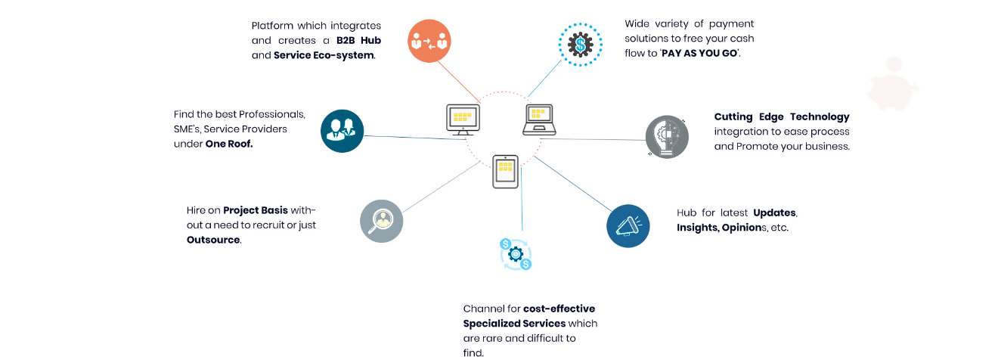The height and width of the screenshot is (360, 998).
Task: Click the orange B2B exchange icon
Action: (x=429, y=41)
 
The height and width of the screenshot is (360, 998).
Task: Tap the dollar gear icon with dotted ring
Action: (x=580, y=45)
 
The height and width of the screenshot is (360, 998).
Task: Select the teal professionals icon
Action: (x=342, y=131)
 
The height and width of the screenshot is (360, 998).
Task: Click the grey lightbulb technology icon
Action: (x=667, y=137)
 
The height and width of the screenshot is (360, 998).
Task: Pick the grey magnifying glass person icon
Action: (x=381, y=221)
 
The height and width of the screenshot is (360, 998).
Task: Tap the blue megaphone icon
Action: (x=628, y=226)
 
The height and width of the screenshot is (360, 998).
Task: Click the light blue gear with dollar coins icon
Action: (x=516, y=254)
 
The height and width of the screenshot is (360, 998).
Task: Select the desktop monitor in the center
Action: (x=463, y=119)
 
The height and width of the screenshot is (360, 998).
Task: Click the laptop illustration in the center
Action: (x=539, y=119)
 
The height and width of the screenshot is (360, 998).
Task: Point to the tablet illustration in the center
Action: (x=505, y=172)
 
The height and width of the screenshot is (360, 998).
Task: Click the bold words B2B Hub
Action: (x=358, y=41)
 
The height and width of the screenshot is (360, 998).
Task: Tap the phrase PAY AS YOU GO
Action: (x=699, y=53)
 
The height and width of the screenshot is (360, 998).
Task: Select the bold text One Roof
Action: (x=228, y=144)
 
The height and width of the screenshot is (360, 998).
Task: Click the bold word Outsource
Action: (x=213, y=240)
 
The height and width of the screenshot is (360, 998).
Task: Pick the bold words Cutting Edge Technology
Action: (x=782, y=116)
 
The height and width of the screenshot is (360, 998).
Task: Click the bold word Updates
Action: (x=774, y=213)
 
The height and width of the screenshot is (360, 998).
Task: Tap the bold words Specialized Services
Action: (x=514, y=324)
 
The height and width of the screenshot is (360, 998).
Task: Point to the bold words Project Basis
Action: (x=256, y=210)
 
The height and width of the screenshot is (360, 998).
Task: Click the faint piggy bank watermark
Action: (x=894, y=85)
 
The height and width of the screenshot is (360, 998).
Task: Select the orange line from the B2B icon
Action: (x=459, y=82)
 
